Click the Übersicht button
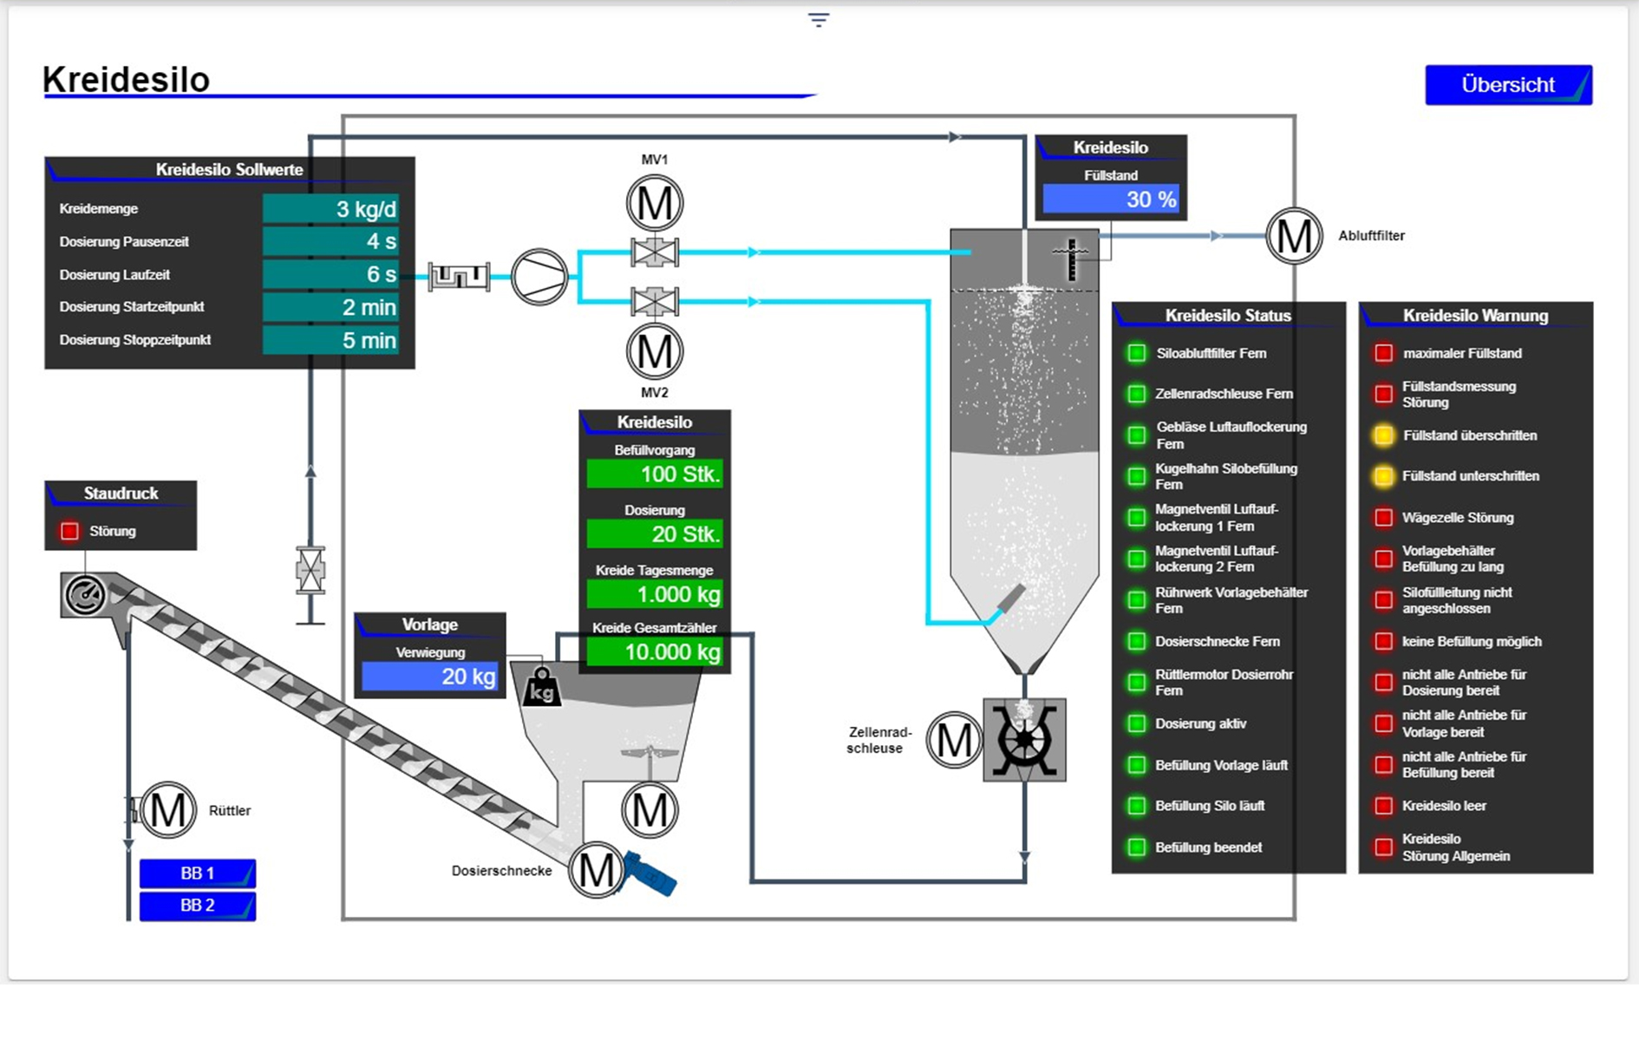click(x=1507, y=85)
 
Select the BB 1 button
click(x=197, y=873)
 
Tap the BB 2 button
click(x=197, y=906)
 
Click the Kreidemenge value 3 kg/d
click(x=330, y=209)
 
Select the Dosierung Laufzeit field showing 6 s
click(x=330, y=275)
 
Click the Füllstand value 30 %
click(x=1111, y=199)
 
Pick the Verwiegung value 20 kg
click(x=429, y=677)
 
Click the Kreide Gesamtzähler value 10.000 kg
click(x=655, y=652)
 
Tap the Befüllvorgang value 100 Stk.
click(x=655, y=474)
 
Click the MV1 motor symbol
click(x=655, y=204)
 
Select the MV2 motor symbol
click(x=655, y=352)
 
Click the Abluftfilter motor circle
click(x=1294, y=236)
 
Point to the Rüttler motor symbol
click(x=168, y=810)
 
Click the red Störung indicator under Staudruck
click(x=70, y=531)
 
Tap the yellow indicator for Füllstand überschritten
click(x=1384, y=435)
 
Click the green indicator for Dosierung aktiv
click(x=1136, y=723)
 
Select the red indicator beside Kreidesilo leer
click(x=1384, y=806)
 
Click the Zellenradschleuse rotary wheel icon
click(x=1024, y=740)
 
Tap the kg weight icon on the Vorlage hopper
click(x=542, y=688)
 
